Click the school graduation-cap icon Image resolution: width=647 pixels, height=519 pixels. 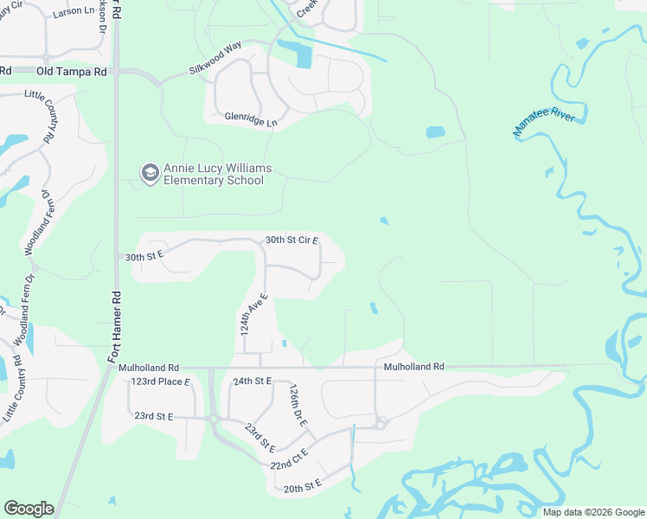pos(151,173)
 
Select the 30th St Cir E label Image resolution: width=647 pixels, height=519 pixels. pos(291,240)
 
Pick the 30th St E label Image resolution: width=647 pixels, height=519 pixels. pos(144,257)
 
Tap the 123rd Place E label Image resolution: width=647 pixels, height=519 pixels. pos(160,381)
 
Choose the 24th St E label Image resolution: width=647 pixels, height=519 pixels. pos(253,381)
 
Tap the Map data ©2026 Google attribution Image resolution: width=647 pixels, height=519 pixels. pos(593,512)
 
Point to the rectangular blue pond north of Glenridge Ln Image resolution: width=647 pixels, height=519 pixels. pos(304,56)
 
